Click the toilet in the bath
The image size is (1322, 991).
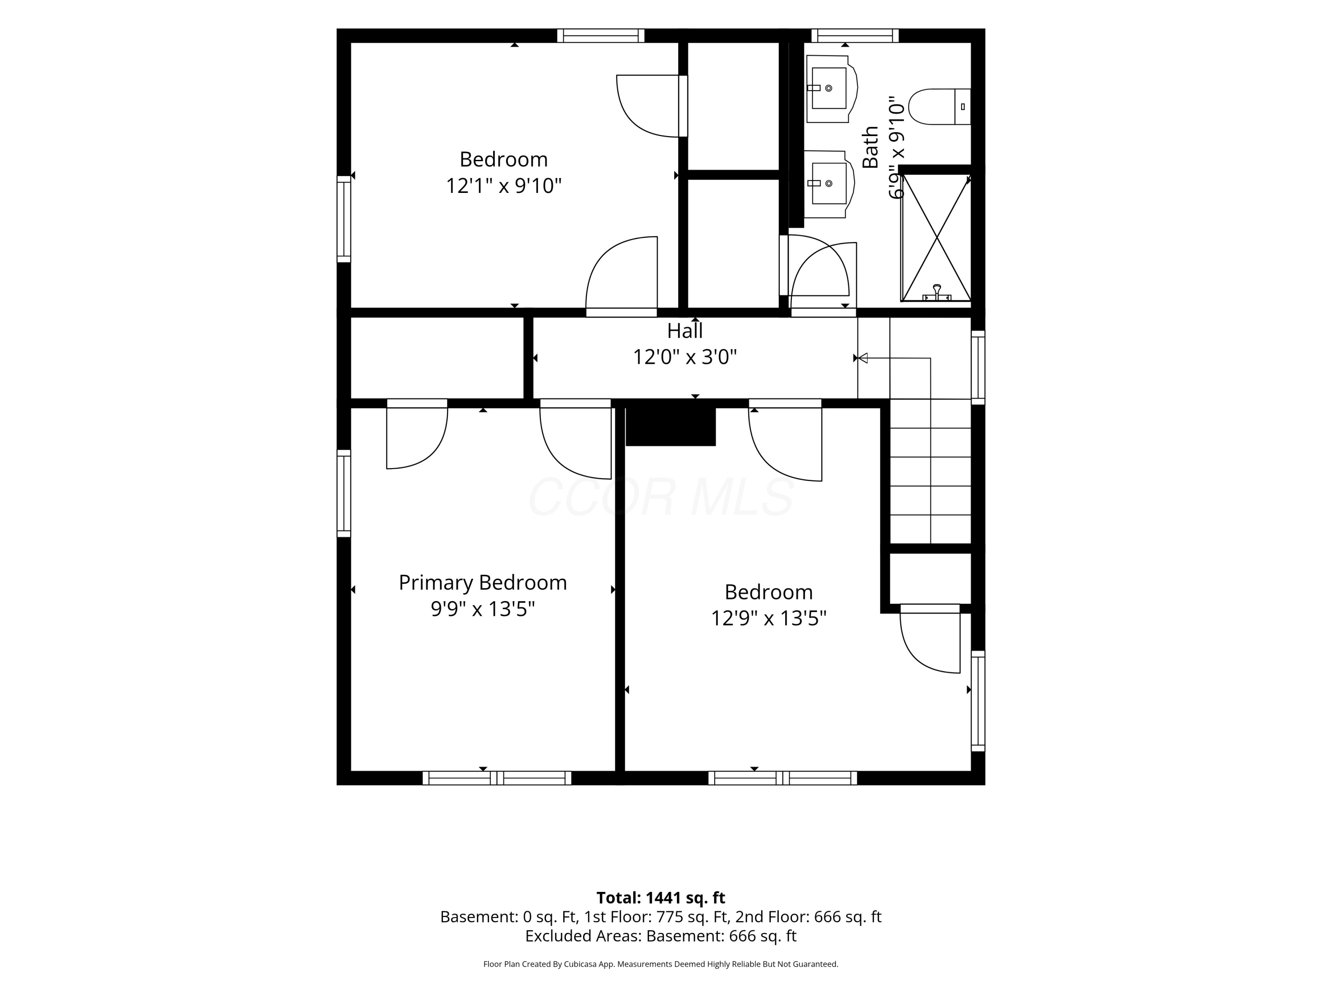[x=939, y=106]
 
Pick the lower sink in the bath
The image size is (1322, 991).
[x=829, y=184]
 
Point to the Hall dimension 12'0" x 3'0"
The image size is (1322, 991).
[x=684, y=357]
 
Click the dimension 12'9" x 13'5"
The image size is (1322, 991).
[x=768, y=618]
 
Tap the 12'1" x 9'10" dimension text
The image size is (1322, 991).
[x=503, y=186]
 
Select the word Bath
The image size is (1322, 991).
[x=870, y=147]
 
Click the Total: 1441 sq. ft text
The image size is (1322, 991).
[x=661, y=898]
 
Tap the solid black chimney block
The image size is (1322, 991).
[x=671, y=426]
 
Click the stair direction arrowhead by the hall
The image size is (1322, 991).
[x=862, y=359]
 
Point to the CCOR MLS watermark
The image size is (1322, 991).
[x=661, y=497]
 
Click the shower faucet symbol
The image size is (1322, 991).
[x=936, y=293]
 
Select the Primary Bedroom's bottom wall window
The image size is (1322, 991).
[x=497, y=778]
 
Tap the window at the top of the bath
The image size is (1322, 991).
[x=854, y=35]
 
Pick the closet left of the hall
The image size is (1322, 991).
[x=437, y=358]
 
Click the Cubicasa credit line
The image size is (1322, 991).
[x=661, y=964]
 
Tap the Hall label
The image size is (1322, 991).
[x=685, y=330]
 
